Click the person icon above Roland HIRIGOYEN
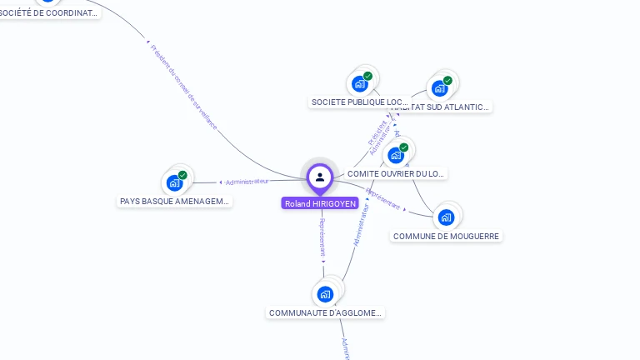(x=320, y=177)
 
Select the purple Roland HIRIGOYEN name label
(x=320, y=203)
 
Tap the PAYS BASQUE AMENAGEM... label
(x=174, y=201)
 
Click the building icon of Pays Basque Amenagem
(x=174, y=182)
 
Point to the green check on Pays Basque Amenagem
(x=182, y=175)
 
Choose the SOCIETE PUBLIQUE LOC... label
(x=360, y=102)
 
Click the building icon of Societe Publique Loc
(x=360, y=83)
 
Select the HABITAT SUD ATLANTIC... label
(x=442, y=107)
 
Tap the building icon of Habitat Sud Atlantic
(x=439, y=87)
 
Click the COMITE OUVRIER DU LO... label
(x=396, y=173)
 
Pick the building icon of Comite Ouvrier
(x=396, y=155)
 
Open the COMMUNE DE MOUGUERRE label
(x=446, y=236)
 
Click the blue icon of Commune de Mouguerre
(x=446, y=217)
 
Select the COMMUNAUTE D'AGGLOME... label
(x=325, y=312)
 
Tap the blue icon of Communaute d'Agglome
(x=325, y=293)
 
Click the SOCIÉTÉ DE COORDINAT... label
(x=50, y=13)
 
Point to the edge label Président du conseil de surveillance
(x=184, y=87)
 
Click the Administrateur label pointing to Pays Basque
(x=247, y=181)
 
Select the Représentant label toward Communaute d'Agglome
(x=322, y=237)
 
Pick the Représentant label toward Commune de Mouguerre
(x=383, y=200)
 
